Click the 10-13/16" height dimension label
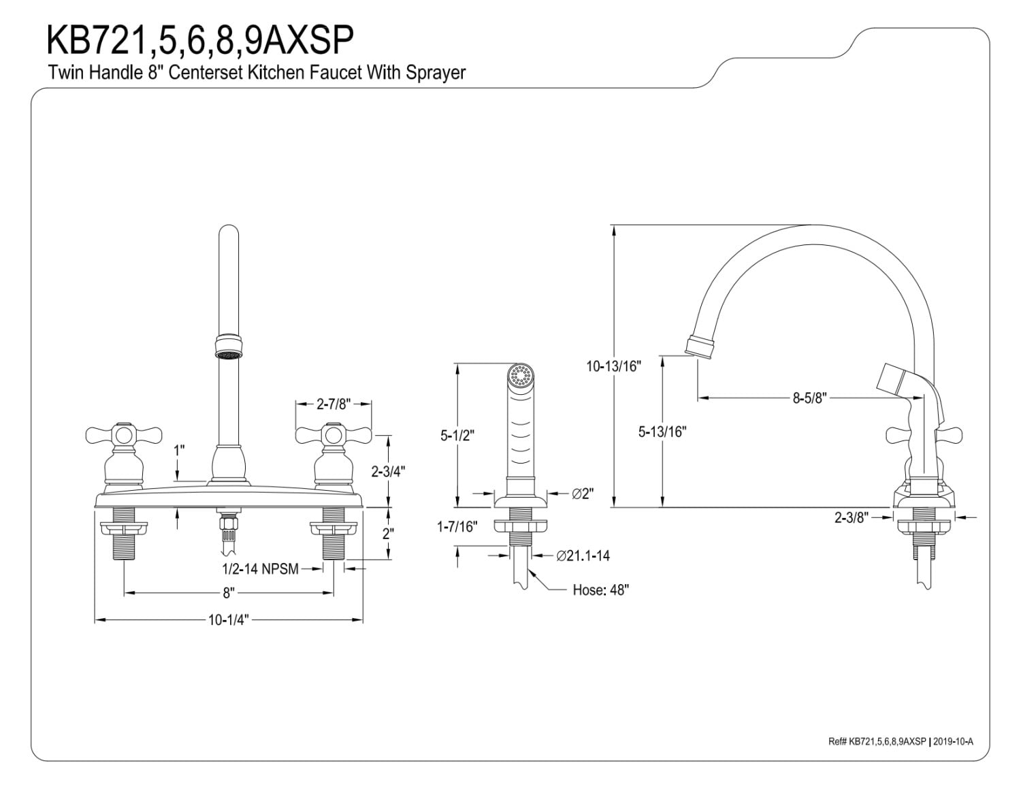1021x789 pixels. [x=614, y=366]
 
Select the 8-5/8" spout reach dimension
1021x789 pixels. [x=809, y=398]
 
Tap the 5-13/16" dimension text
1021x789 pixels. [x=662, y=431]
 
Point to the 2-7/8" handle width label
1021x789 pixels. [x=333, y=404]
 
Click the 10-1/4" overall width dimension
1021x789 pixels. [x=228, y=619]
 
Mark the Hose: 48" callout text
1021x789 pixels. [x=600, y=590]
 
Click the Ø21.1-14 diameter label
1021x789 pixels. [x=583, y=555]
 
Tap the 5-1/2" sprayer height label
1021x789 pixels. [x=457, y=434]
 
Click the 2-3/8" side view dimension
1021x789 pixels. [x=852, y=517]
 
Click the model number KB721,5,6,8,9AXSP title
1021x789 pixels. [x=200, y=40]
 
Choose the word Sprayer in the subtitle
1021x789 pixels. [x=436, y=73]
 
